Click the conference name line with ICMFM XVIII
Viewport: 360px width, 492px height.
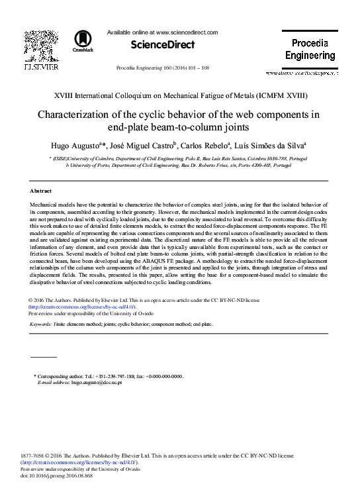[x=179, y=96]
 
